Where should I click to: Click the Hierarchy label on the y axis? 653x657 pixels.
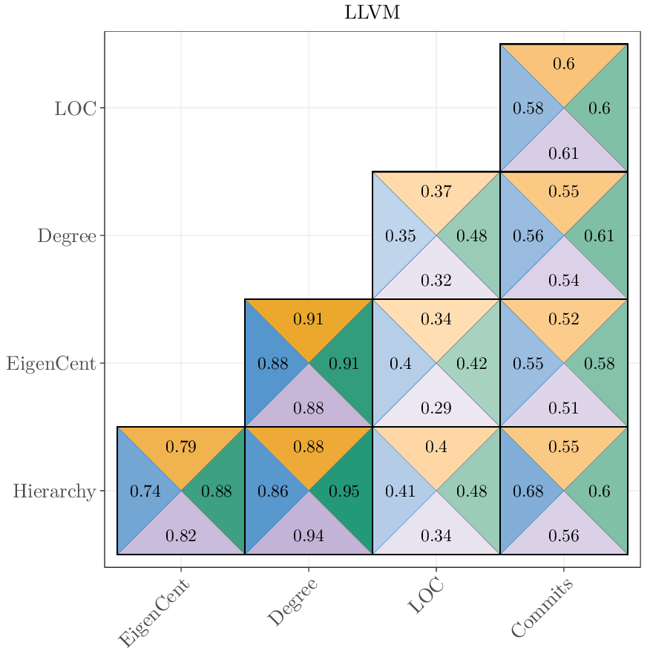click(54, 491)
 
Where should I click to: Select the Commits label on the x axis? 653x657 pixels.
click(542, 609)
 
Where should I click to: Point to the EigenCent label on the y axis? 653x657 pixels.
click(51, 364)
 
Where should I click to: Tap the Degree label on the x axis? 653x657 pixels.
click(292, 602)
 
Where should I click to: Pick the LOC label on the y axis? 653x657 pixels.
click(75, 108)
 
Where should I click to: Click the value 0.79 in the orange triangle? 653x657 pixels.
click(181, 447)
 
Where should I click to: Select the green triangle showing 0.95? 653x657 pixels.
click(344, 491)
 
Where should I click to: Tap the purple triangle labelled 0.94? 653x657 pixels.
click(309, 535)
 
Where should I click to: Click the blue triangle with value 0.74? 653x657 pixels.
click(145, 491)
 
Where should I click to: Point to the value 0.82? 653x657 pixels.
click(181, 535)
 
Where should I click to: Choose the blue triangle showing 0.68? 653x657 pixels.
click(528, 491)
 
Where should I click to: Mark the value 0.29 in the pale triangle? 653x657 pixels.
click(436, 408)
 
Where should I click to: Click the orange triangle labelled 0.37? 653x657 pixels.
click(436, 192)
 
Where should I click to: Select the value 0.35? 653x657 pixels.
click(401, 237)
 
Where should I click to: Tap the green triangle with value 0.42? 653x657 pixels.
click(472, 364)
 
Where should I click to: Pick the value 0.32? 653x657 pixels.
click(436, 281)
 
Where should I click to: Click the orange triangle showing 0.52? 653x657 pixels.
click(564, 319)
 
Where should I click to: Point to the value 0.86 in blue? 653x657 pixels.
click(273, 491)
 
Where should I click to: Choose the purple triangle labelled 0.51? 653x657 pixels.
click(564, 408)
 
